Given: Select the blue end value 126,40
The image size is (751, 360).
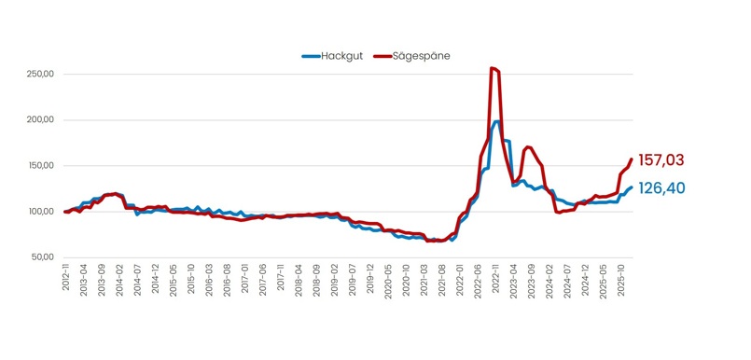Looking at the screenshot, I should click(x=661, y=188).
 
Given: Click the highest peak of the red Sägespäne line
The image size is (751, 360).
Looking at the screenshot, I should click(x=493, y=68).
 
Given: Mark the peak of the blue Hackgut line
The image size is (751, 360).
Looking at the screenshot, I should click(x=497, y=121).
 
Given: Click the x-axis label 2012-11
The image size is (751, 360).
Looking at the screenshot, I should click(x=66, y=279).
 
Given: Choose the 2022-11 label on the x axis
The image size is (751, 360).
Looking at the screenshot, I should click(x=496, y=279).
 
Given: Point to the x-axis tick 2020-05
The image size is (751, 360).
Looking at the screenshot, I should click(x=388, y=279).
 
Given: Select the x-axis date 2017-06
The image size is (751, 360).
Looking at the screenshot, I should click(x=263, y=279).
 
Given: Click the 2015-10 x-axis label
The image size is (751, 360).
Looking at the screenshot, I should click(x=191, y=279).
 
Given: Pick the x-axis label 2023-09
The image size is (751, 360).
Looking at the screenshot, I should click(x=532, y=279).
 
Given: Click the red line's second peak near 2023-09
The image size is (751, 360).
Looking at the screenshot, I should click(x=529, y=146).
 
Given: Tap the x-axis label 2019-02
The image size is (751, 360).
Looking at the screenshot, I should click(x=335, y=279).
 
